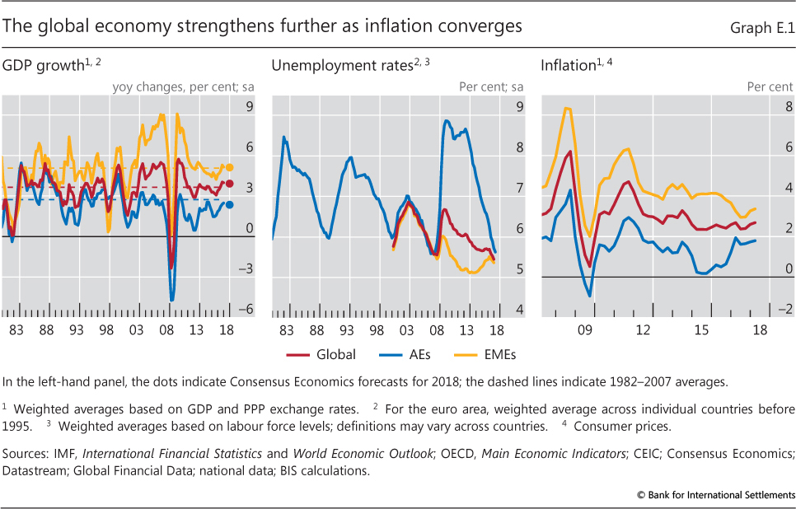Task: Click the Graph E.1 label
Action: [762, 27]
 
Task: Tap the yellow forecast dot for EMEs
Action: [230, 167]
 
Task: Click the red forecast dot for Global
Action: [230, 184]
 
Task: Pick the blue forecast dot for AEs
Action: [230, 205]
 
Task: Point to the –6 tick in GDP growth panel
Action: [246, 311]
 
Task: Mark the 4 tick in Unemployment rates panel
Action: [520, 311]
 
